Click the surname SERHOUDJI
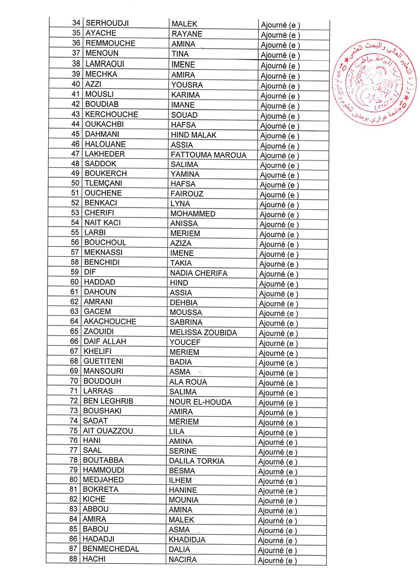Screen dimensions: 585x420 click(x=107, y=23)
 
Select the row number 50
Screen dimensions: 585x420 click(x=76, y=183)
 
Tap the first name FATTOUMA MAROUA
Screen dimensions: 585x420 click(x=208, y=154)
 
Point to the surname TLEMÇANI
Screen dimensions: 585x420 click(x=104, y=183)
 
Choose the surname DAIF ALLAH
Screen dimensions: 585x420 click(x=105, y=342)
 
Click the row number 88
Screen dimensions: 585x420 click(x=73, y=559)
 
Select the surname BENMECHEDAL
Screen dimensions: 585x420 click(x=111, y=549)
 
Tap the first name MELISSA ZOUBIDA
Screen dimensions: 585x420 click(x=203, y=332)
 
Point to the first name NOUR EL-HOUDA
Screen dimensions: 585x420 click(x=200, y=402)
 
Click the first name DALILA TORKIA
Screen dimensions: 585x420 click(x=197, y=461)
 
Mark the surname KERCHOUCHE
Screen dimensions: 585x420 click(x=111, y=114)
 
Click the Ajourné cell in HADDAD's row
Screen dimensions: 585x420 click(x=279, y=284)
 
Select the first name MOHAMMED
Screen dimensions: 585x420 click(x=193, y=214)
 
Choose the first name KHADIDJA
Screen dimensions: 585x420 click(x=187, y=540)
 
